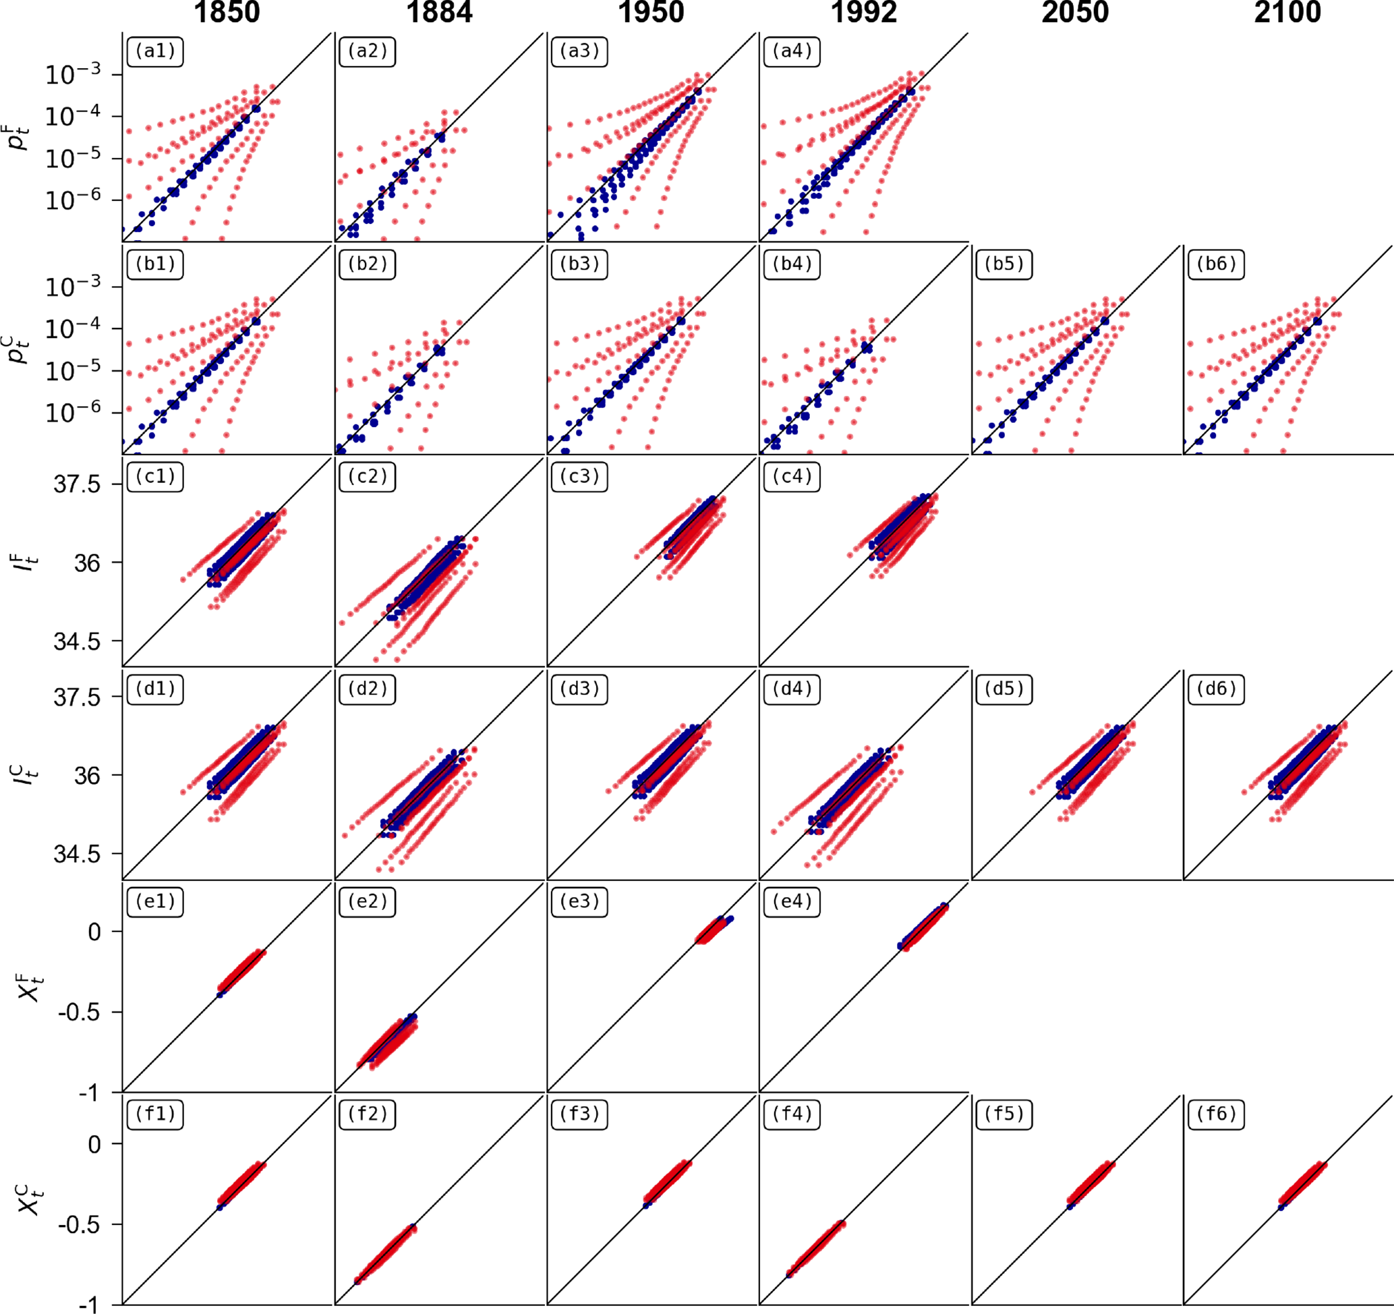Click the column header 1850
[x=227, y=13]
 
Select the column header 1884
[x=440, y=13]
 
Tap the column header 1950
[x=651, y=13]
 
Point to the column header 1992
[x=864, y=13]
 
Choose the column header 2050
[x=1075, y=13]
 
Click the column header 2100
[x=1287, y=13]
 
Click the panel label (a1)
[x=155, y=52]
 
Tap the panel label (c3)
[x=579, y=477]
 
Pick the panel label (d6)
[x=1216, y=689]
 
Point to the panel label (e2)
[x=368, y=902]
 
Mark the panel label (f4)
[x=792, y=1114]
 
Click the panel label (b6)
[x=1216, y=264]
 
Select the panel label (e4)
[x=792, y=902]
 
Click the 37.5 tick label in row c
[x=77, y=484]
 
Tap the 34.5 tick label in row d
[x=77, y=854]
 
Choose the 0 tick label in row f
[x=94, y=1144]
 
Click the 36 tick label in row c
[x=87, y=563]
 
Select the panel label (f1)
[x=155, y=1114]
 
